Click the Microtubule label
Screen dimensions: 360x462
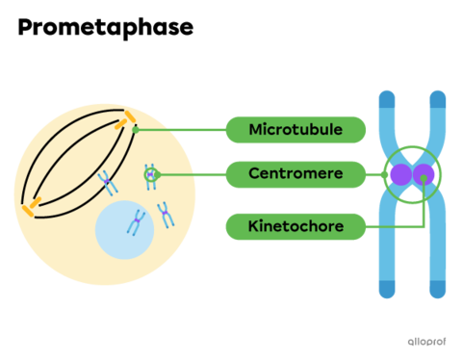295,129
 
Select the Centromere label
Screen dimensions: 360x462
295,174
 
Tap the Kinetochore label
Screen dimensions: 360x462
295,227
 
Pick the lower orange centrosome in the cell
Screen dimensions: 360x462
32,207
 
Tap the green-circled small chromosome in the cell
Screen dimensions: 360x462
150,174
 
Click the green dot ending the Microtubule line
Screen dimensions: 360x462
136,129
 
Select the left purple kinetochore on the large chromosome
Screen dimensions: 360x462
400,175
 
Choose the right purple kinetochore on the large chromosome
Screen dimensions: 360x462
424,175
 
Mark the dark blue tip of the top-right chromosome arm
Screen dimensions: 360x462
438,98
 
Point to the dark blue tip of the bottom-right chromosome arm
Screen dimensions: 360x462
438,289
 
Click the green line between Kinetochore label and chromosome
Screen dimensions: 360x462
395,227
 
